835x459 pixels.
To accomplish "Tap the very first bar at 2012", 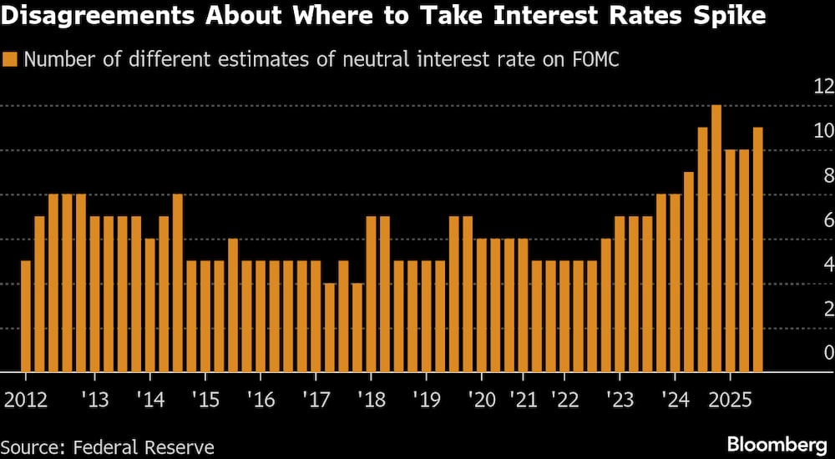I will [x=26, y=316].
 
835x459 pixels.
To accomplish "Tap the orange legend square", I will [x=11, y=59].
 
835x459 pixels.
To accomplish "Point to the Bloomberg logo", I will [x=775, y=443].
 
